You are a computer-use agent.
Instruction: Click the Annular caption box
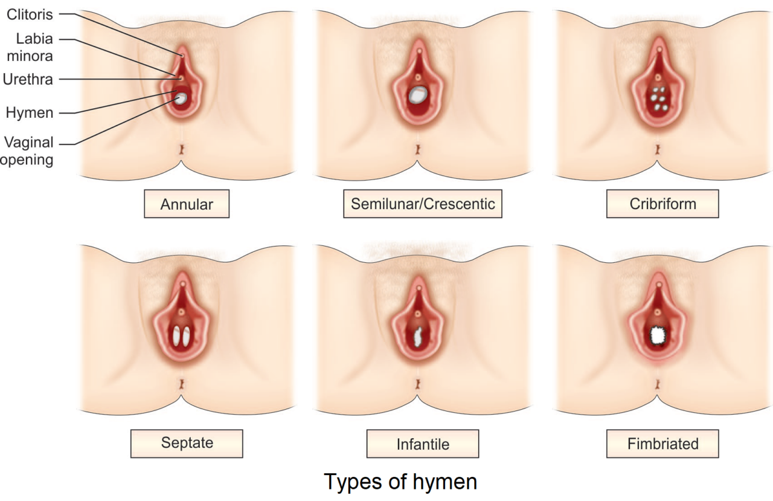187,204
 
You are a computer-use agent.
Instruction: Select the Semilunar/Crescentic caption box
423,204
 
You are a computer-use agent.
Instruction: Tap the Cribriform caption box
662,204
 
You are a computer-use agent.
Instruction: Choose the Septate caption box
187,443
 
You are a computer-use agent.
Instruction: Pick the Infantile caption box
423,444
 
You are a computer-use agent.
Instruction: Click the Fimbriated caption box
662,444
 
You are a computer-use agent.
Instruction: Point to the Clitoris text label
30,15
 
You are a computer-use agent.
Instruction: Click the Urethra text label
27,79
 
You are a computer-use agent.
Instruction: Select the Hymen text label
30,112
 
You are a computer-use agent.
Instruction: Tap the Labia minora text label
34,47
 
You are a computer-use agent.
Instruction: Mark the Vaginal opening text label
28,151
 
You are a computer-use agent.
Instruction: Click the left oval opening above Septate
177,336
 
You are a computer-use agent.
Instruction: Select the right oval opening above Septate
187,336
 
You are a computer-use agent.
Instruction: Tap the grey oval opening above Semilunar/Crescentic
418,95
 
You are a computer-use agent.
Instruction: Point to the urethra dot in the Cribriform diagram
658,77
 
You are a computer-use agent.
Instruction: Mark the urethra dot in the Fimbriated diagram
657,312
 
